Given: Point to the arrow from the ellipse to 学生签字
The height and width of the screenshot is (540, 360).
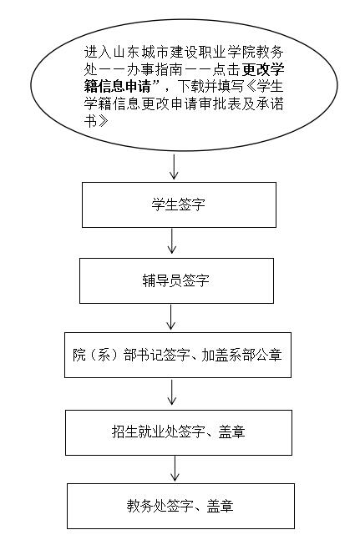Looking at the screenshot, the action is click(x=174, y=167).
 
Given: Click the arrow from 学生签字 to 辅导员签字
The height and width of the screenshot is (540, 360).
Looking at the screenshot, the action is click(x=171, y=241).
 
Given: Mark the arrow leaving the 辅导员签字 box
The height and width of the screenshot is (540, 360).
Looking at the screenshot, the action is click(x=171, y=317).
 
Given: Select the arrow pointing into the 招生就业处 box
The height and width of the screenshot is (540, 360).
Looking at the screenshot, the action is click(x=171, y=392).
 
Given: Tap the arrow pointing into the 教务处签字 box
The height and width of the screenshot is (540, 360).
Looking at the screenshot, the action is click(x=175, y=468).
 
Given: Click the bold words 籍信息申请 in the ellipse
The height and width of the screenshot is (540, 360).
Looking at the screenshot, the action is click(x=118, y=86).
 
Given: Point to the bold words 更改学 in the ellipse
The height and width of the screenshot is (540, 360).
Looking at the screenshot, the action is click(x=263, y=69).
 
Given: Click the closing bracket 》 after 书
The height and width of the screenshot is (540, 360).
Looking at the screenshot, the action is click(x=104, y=121).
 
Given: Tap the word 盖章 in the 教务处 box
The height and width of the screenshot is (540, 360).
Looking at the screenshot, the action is click(x=221, y=506).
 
